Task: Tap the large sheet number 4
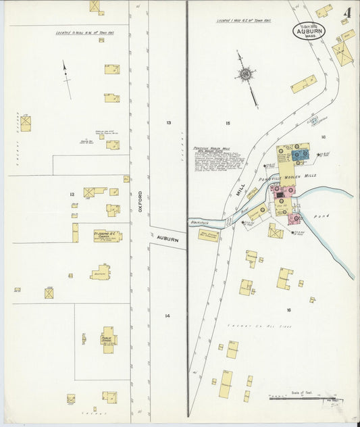click(346, 13)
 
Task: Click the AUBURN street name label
click(168, 239)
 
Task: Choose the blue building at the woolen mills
click(301, 154)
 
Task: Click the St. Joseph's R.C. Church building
click(107, 236)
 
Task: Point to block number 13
click(168, 122)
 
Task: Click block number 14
click(167, 316)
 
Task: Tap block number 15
click(228, 123)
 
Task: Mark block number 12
click(71, 195)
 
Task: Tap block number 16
click(288, 310)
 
